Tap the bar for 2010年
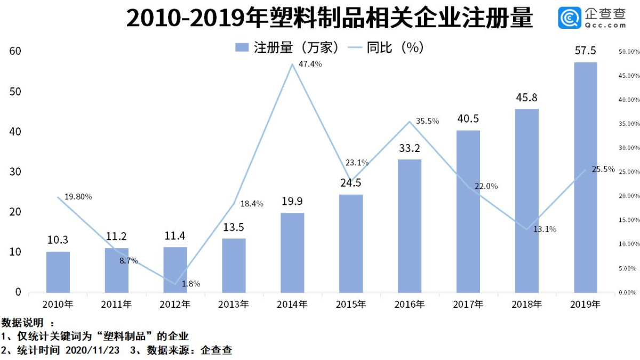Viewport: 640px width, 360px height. (x=58, y=271)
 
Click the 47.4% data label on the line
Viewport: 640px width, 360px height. (x=310, y=64)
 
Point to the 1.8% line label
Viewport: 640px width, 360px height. (x=190, y=284)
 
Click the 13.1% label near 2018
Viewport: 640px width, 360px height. (x=545, y=229)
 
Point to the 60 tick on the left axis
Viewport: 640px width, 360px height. (x=14, y=51)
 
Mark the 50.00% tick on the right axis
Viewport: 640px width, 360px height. (x=629, y=52)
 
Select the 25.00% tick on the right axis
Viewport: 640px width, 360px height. (x=629, y=172)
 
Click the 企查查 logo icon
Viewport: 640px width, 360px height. (x=569, y=18)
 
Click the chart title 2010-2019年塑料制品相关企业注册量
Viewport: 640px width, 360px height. (x=329, y=18)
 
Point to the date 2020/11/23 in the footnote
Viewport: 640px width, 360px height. (x=93, y=350)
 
